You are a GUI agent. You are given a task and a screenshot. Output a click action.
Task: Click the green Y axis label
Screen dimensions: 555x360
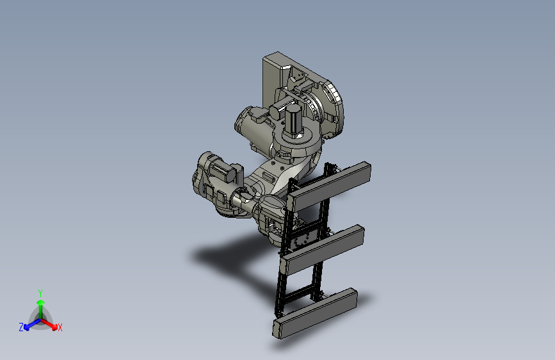pyautogui.click(x=40, y=293)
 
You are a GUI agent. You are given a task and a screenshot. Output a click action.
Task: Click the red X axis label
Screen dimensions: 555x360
pyautogui.click(x=60, y=327)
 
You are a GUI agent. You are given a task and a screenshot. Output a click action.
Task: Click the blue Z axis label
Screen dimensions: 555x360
pyautogui.click(x=21, y=327)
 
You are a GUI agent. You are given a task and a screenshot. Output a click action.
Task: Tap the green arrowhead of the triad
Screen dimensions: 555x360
pyautogui.click(x=41, y=303)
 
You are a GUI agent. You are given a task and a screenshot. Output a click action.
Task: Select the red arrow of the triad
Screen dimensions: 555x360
pyautogui.click(x=49, y=324)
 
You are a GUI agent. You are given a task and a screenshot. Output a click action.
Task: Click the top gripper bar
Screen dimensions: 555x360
pyautogui.click(x=329, y=186)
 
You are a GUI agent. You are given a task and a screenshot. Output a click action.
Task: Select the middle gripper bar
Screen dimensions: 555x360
pyautogui.click(x=322, y=250)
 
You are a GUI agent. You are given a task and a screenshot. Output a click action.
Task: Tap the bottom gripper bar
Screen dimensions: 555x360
pyautogui.click(x=315, y=313)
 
